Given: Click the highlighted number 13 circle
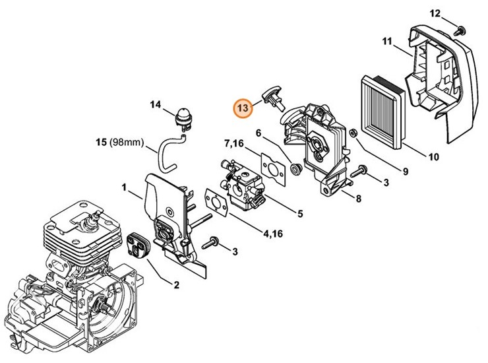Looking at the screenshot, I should pyautogui.click(x=243, y=107).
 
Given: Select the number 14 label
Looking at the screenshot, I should pyautogui.click(x=155, y=104).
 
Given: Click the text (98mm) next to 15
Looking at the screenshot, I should pyautogui.click(x=125, y=142).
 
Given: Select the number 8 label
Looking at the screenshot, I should pyautogui.click(x=357, y=198).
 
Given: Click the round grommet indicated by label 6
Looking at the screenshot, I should pyautogui.click(x=294, y=168).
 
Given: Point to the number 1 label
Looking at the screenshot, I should pyautogui.click(x=124, y=188).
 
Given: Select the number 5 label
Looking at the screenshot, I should pyautogui.click(x=299, y=213).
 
